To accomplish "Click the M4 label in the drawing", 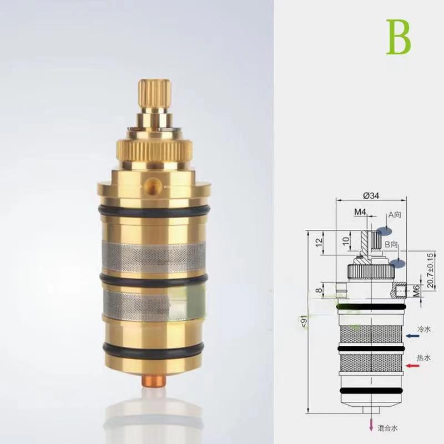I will [361, 211].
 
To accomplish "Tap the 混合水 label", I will [388, 428].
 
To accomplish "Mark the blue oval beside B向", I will [395, 264].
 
